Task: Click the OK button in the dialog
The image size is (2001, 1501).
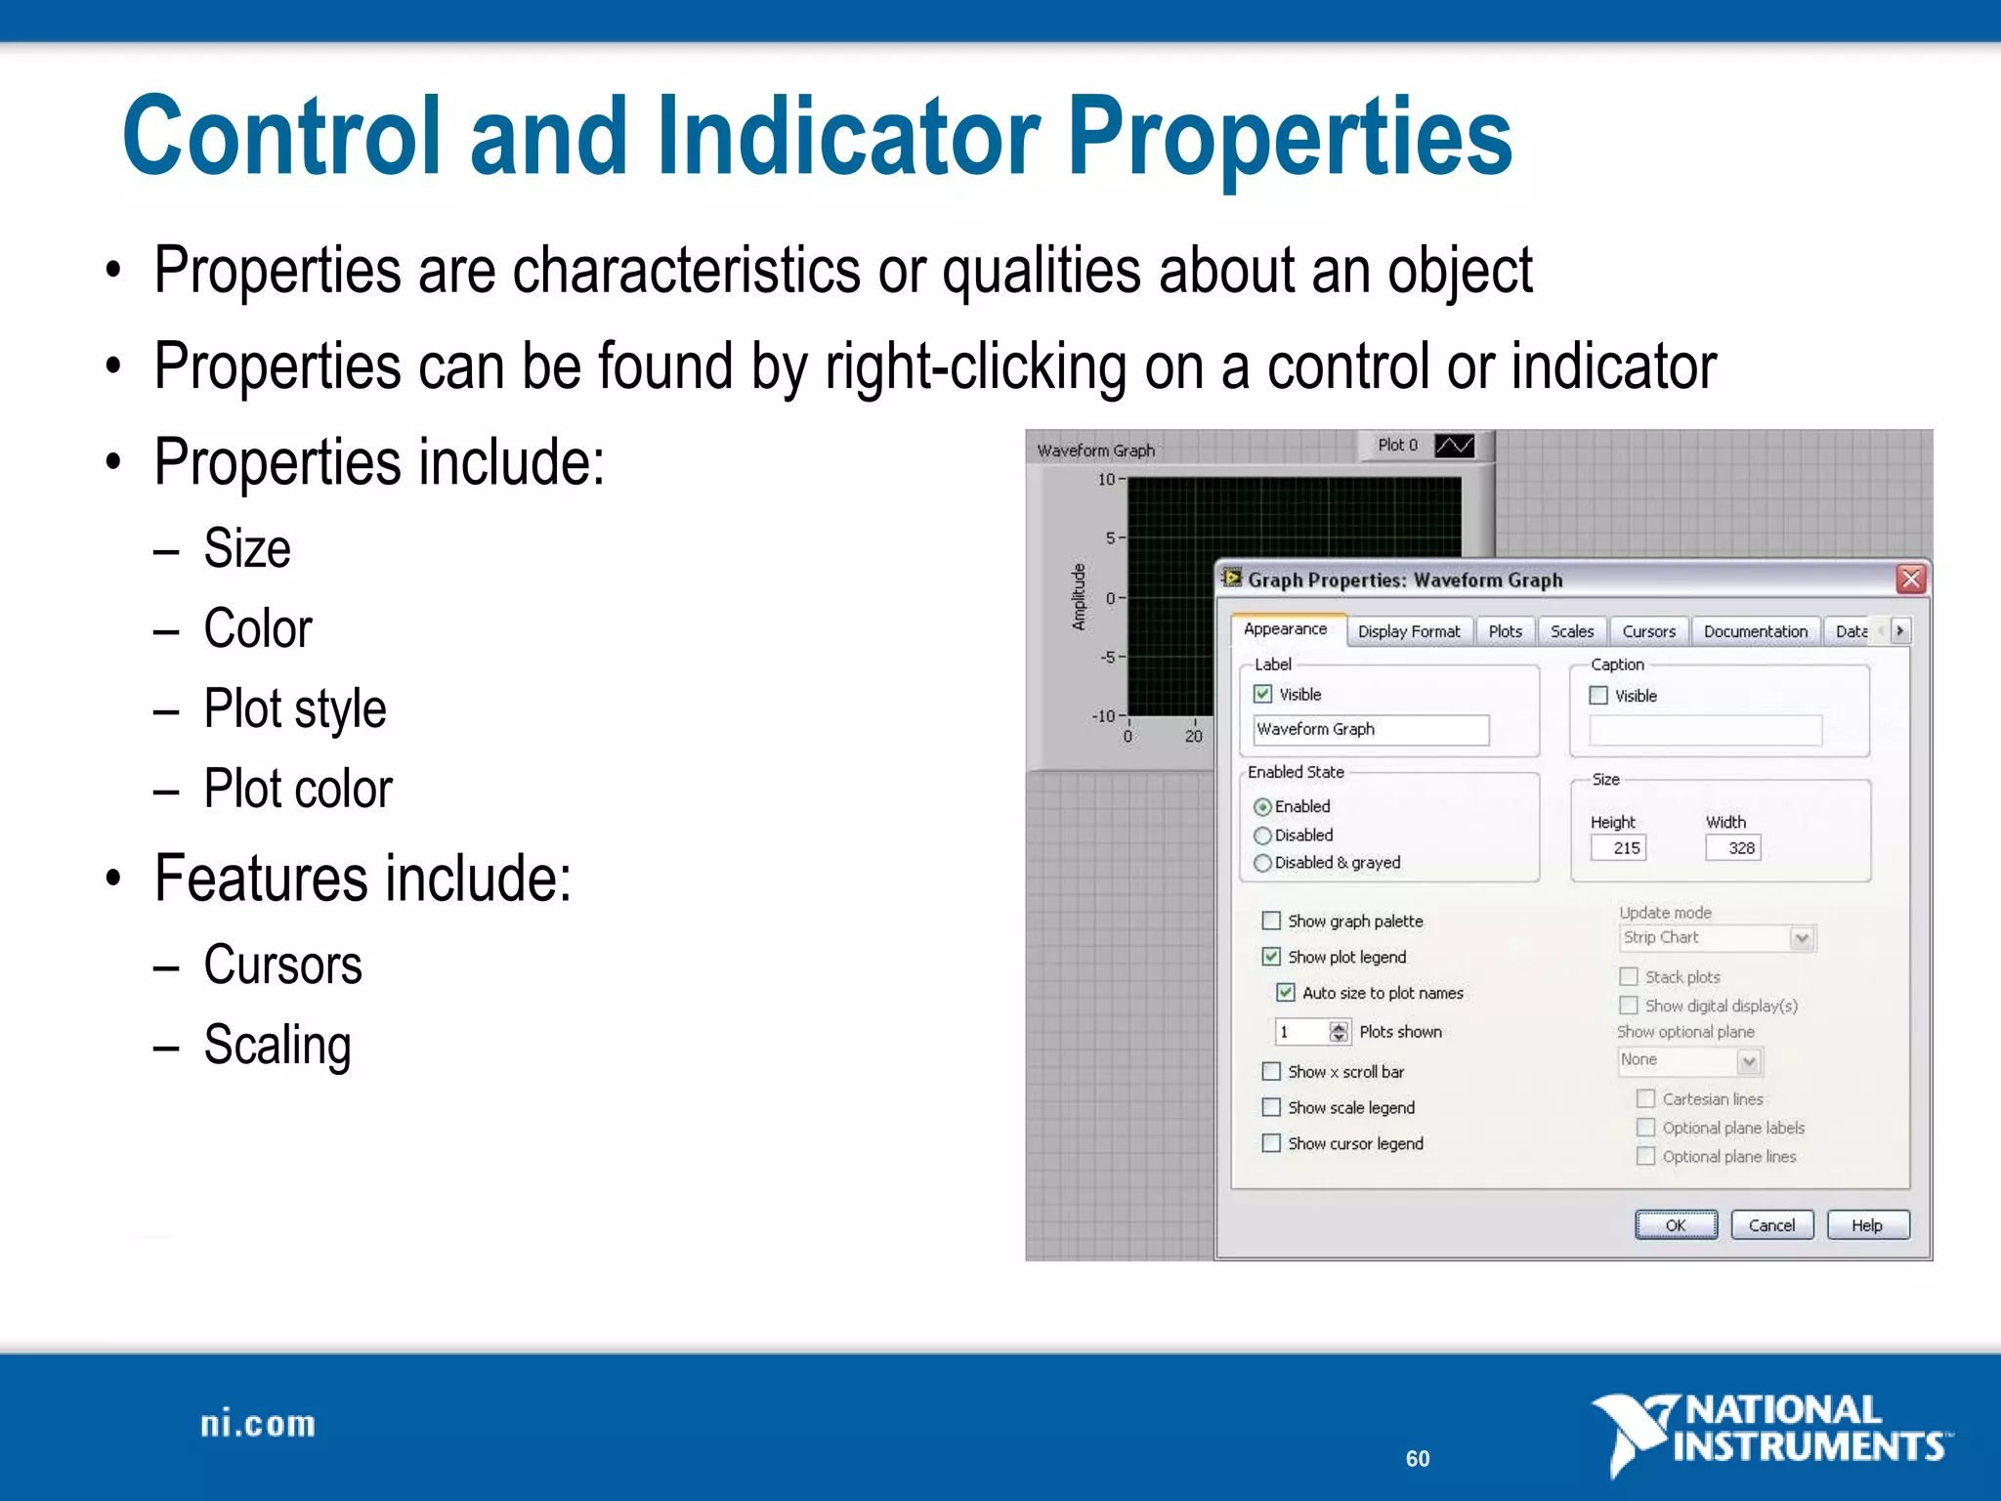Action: point(1676,1225)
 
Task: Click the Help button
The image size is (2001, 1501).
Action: point(1867,1225)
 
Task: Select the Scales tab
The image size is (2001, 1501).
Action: point(1571,632)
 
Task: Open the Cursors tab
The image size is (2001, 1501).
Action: point(1648,632)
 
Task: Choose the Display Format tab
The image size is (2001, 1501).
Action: point(1408,632)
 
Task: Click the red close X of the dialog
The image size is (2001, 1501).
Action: point(1911,579)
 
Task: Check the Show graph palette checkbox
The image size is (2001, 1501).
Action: point(1271,921)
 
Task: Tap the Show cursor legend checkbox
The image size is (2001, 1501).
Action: point(1271,1143)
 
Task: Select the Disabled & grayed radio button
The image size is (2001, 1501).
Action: point(1262,863)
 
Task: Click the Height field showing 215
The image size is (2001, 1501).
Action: point(1618,848)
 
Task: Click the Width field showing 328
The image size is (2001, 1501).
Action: point(1732,848)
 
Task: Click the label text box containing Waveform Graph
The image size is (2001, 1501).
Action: point(1370,730)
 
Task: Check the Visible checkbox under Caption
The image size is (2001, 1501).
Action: point(1598,696)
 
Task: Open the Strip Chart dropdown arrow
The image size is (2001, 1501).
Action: point(1803,938)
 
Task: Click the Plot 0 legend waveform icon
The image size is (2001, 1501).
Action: point(1454,446)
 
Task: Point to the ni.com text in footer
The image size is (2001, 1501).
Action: point(258,1425)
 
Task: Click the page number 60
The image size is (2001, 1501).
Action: point(1418,1459)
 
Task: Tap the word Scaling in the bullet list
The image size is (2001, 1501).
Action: point(277,1045)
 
